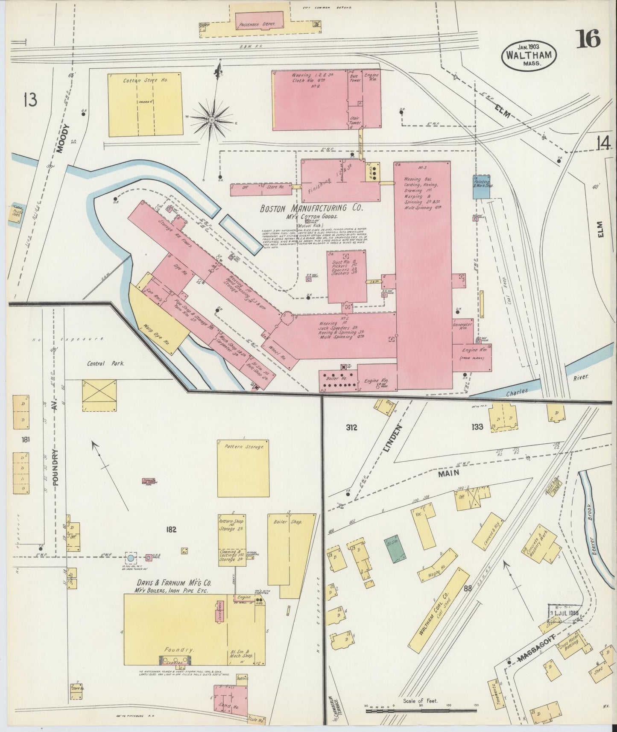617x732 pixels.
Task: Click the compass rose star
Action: point(211,120)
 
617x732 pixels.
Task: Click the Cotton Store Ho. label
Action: point(140,80)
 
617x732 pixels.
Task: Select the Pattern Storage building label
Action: point(244,447)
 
